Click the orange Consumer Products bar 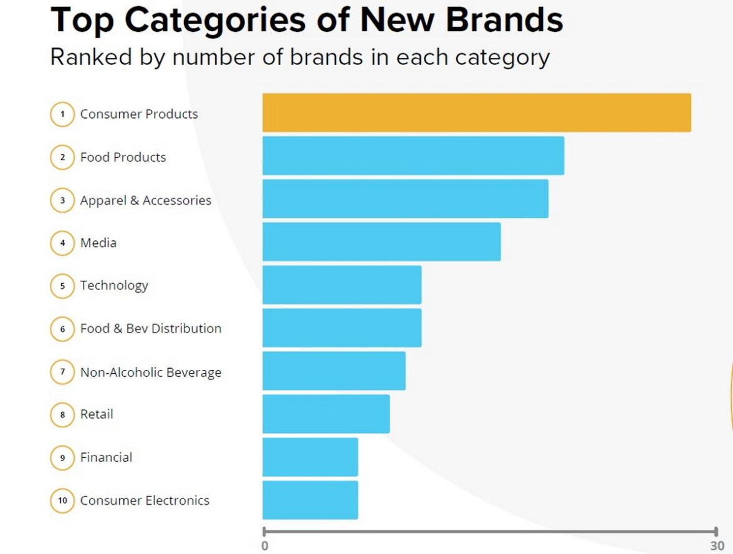pyautogui.click(x=476, y=113)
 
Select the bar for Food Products pyautogui.click(x=413, y=156)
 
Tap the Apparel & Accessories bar pyautogui.click(x=405, y=199)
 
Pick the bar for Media pyautogui.click(x=381, y=242)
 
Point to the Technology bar pyautogui.click(x=342, y=285)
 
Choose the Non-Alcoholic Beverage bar pyautogui.click(x=333, y=371)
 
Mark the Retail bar pyautogui.click(x=325, y=414)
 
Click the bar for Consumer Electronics pyautogui.click(x=310, y=500)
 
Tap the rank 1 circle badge pyautogui.click(x=62, y=114)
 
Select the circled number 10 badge pyautogui.click(x=62, y=500)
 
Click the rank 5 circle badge pyautogui.click(x=62, y=286)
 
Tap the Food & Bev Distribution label pyautogui.click(x=151, y=329)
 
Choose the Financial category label pyautogui.click(x=107, y=457)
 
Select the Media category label pyautogui.click(x=98, y=243)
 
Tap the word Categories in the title pyautogui.click(x=214, y=20)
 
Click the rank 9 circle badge pyautogui.click(x=62, y=457)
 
